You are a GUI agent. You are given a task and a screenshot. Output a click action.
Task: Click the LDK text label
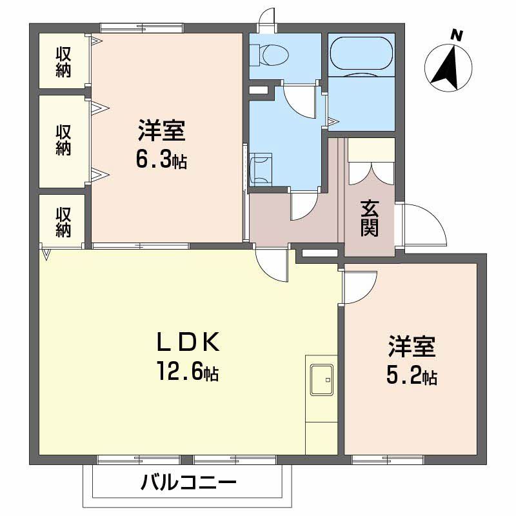click(x=189, y=342)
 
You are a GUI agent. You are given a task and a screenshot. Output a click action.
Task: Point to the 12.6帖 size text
click(x=187, y=372)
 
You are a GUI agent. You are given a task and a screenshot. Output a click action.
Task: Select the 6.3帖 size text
click(x=161, y=159)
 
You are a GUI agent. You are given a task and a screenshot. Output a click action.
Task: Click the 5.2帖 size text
click(x=412, y=375)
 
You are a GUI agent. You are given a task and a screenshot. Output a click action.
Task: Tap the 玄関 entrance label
click(x=369, y=218)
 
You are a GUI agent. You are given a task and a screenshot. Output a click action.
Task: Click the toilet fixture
click(x=268, y=55)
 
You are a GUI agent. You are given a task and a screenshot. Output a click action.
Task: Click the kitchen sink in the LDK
click(x=321, y=380)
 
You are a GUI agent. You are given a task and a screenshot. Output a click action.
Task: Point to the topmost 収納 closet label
click(x=63, y=62)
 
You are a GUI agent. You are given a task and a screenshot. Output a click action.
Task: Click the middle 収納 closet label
click(x=63, y=139)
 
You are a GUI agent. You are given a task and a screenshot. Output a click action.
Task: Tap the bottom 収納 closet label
click(x=63, y=221)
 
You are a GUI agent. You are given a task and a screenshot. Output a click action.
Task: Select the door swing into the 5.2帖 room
click(x=359, y=286)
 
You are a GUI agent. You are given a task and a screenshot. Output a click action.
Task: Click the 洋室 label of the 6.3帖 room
click(x=161, y=132)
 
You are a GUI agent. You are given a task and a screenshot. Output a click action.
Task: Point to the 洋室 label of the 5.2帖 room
click(x=412, y=347)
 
